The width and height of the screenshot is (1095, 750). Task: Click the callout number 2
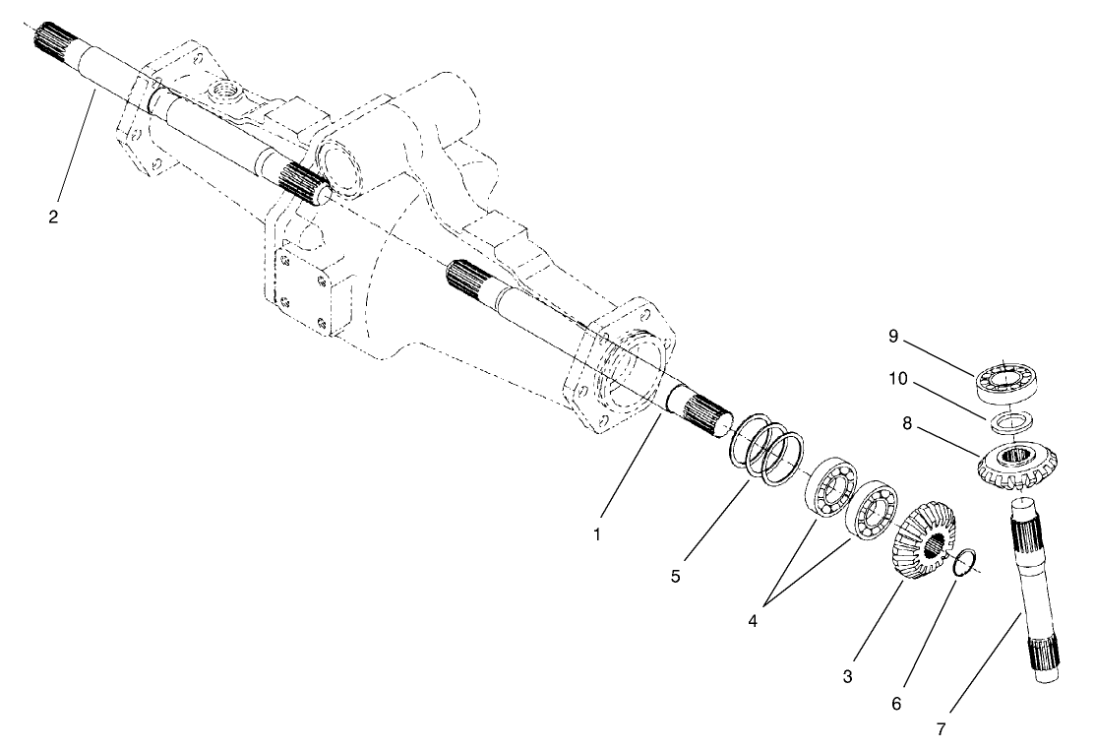click(x=53, y=217)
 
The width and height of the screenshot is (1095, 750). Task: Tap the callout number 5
click(x=675, y=576)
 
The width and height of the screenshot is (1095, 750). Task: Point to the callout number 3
click(x=847, y=677)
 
